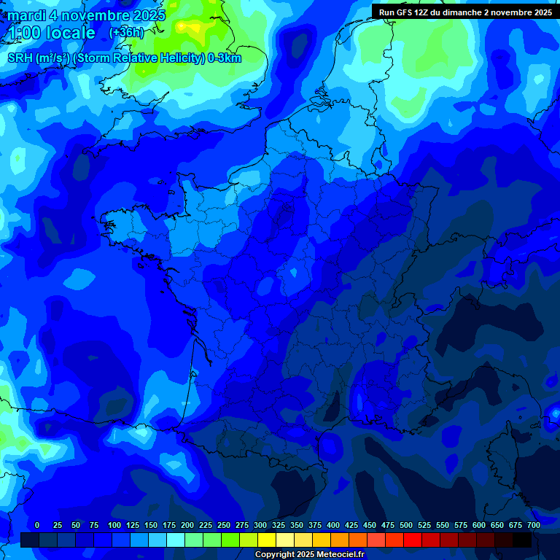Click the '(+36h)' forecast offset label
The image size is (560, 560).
pyautogui.click(x=126, y=33)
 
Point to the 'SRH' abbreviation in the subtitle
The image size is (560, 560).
pyautogui.click(x=20, y=58)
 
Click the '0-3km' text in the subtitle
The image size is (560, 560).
pyautogui.click(x=225, y=58)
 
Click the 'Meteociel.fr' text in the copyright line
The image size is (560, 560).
pyautogui.click(x=338, y=555)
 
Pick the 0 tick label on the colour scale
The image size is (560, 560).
pyautogui.click(x=37, y=525)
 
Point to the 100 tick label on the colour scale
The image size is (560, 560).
pyautogui.click(x=114, y=525)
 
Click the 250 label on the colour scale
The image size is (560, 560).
pyautogui.click(x=224, y=525)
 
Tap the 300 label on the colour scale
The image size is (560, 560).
pyautogui.click(x=260, y=525)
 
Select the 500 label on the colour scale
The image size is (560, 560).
pyautogui.click(x=406, y=525)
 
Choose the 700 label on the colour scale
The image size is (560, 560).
pyautogui.click(x=534, y=525)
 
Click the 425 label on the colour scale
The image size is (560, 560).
pyautogui.click(x=351, y=525)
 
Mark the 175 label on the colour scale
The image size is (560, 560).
pyautogui.click(x=169, y=525)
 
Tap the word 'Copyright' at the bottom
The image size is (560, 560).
pyautogui.click(x=275, y=555)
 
